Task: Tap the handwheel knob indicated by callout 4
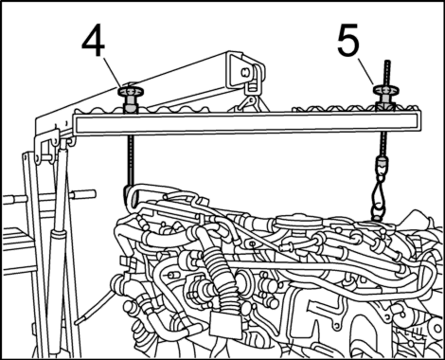[131, 92]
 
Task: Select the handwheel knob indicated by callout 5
[385, 90]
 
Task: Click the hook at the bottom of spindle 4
[130, 196]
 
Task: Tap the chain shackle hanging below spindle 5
[379, 196]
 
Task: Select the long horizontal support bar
[247, 124]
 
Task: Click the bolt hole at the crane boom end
[244, 72]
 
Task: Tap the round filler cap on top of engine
[297, 221]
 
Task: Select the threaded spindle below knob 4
[132, 161]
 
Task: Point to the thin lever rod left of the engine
[95, 306]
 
